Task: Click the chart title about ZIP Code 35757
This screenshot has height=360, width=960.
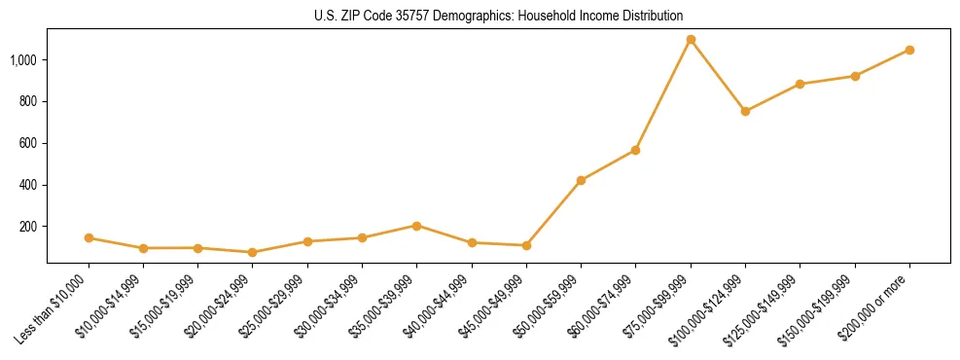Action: pos(498,17)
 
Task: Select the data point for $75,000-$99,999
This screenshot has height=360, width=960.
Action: pos(691,40)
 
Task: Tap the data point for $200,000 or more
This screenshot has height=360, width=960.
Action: pos(909,50)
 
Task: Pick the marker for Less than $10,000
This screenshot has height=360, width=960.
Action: pos(89,237)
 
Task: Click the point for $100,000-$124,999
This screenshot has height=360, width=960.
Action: pos(745,112)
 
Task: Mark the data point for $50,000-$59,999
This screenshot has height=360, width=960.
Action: pos(581,180)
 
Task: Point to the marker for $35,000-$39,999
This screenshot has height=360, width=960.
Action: pos(416,226)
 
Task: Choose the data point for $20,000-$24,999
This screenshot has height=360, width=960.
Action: pos(253,252)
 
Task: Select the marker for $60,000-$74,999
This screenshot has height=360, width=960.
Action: pos(635,150)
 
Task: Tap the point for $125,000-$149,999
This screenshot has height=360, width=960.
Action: pos(800,85)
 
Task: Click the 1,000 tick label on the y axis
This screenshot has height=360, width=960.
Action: pos(24,60)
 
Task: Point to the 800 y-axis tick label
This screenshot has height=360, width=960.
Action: pos(29,102)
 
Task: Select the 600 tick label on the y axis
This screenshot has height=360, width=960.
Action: pos(29,144)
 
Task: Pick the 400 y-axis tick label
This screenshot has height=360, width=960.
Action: pos(29,185)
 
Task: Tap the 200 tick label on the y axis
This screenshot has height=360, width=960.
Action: pos(29,227)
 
